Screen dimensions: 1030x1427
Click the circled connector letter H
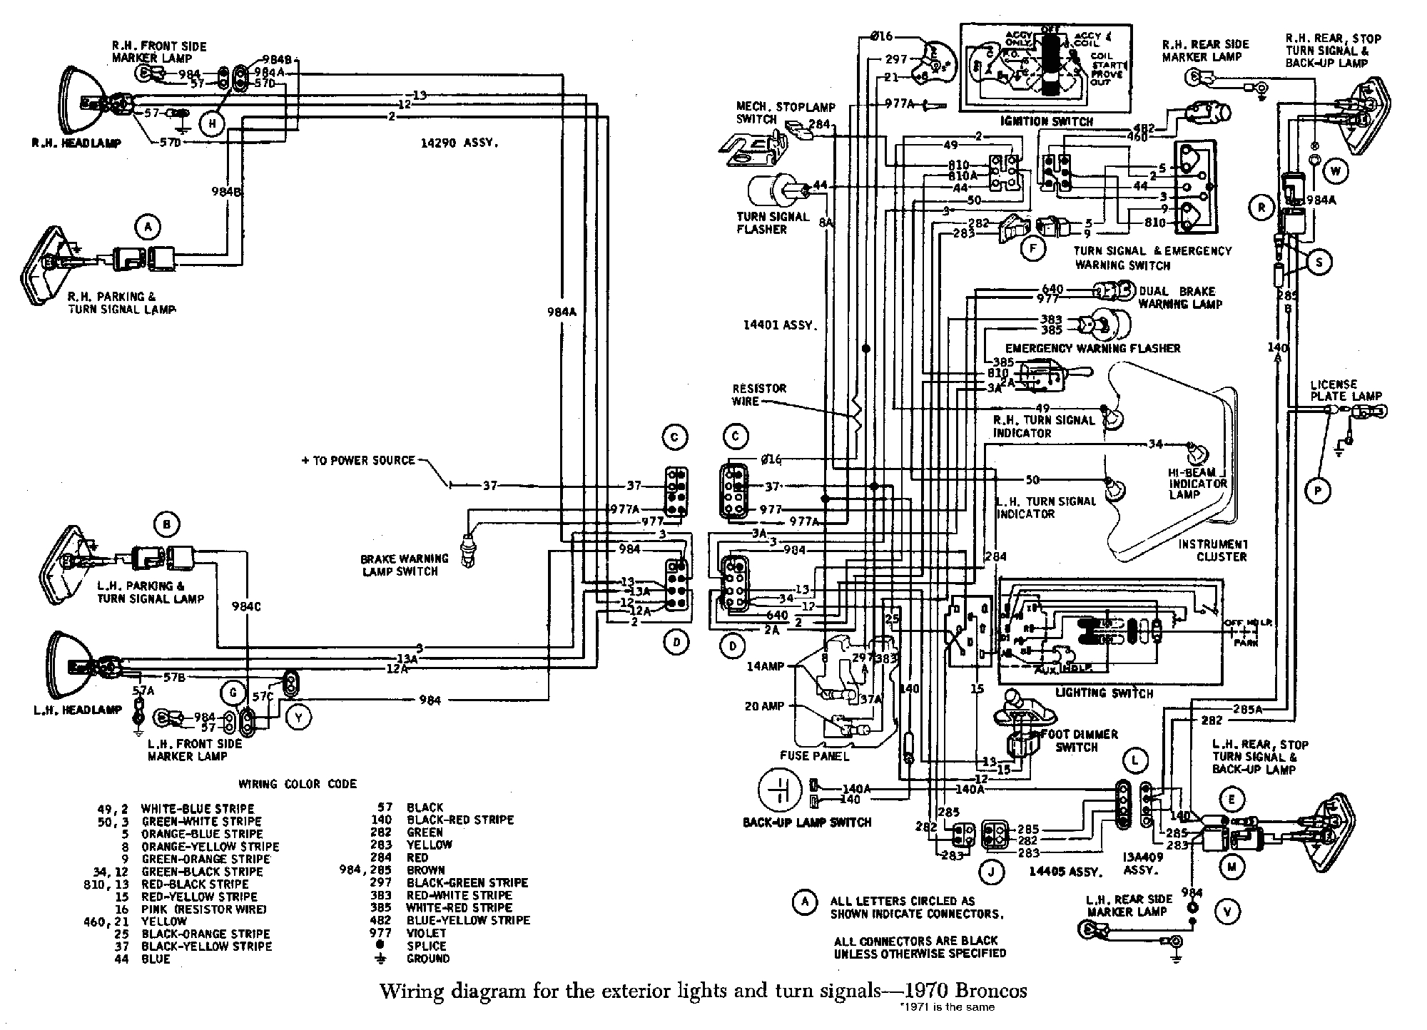tap(212, 124)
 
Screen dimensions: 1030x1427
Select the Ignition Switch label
tap(1046, 121)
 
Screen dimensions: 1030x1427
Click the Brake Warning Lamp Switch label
tap(404, 565)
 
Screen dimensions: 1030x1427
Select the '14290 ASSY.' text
tap(459, 143)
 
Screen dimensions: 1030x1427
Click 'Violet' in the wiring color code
tap(426, 933)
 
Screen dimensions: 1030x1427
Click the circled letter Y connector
tap(299, 718)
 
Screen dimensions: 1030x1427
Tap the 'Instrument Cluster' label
tap(1212, 550)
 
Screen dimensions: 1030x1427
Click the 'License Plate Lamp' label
tap(1346, 390)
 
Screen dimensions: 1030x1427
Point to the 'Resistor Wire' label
tap(759, 394)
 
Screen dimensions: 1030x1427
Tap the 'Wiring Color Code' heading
tap(297, 784)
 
